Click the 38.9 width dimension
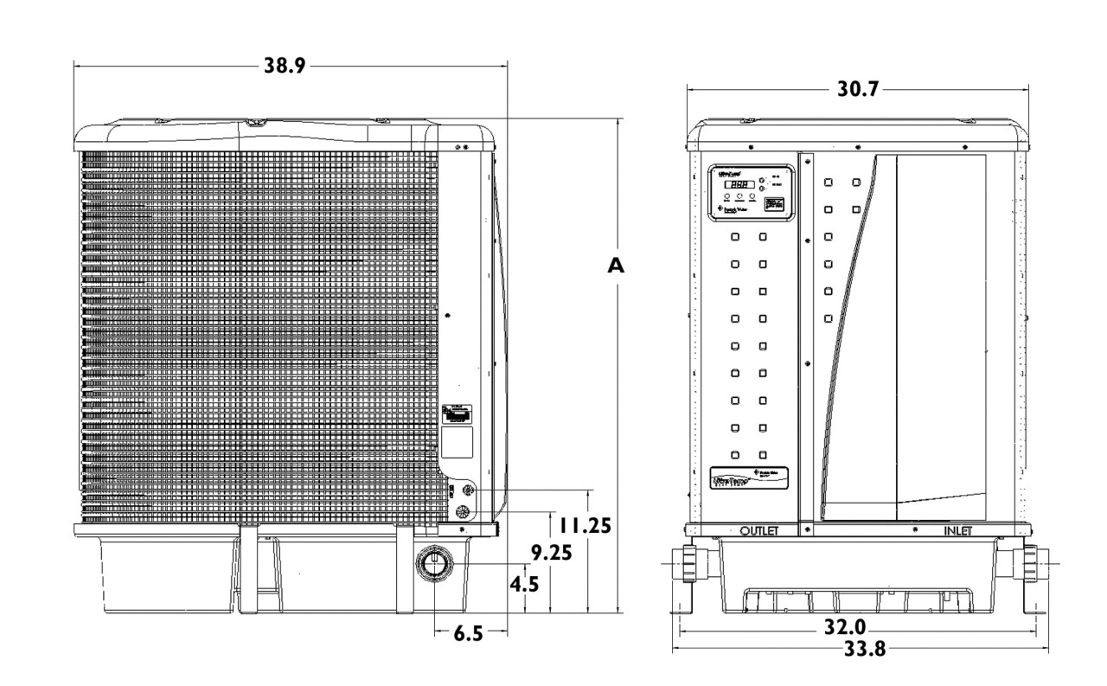click(284, 66)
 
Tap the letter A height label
click(616, 266)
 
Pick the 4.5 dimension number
click(523, 585)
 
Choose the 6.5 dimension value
click(468, 634)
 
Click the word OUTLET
click(760, 530)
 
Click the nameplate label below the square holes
click(749, 478)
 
